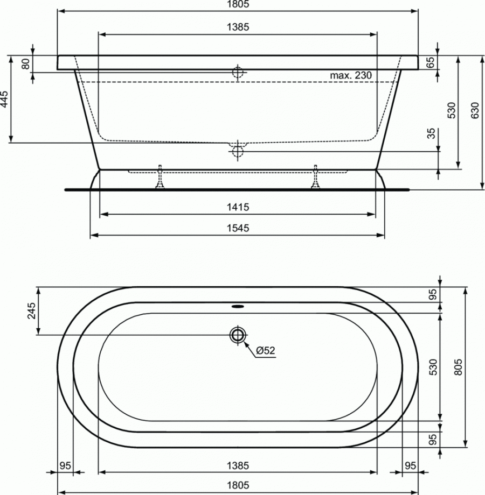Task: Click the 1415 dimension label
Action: point(238,207)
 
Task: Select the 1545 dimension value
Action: point(238,228)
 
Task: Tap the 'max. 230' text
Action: point(351,75)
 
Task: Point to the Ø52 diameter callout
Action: point(265,350)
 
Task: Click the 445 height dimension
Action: point(5,99)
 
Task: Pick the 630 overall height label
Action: point(475,110)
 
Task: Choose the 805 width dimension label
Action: point(458,367)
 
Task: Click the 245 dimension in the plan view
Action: point(32,310)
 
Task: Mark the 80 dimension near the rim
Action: point(26,64)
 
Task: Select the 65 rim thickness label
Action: point(431,62)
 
